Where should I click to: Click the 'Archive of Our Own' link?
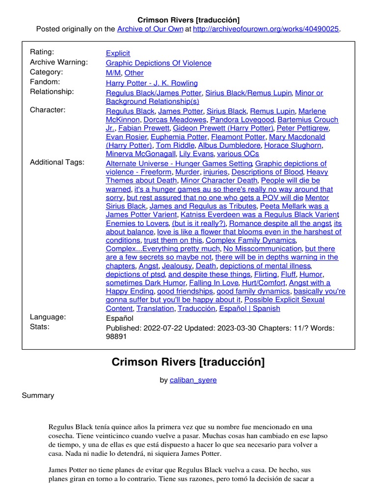[149, 29]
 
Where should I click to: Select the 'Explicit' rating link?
[118, 53]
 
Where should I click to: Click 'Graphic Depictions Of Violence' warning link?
[159, 63]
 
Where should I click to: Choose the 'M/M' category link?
[112, 73]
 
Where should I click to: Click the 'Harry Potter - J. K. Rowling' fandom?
[152, 83]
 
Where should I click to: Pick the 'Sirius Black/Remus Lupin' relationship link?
[249, 93]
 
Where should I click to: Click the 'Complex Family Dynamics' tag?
[250, 240]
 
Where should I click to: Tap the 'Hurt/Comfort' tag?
[264, 283]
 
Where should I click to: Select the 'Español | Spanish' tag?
[249, 308]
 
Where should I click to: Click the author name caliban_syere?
[193, 380]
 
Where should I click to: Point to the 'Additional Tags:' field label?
[57, 162]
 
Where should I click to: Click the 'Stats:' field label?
[40, 327]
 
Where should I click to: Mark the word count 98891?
[116, 336]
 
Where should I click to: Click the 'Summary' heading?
[38, 395]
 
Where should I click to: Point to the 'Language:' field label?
[48, 317]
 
